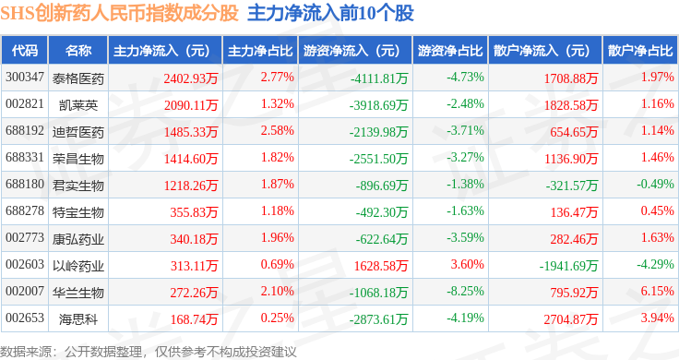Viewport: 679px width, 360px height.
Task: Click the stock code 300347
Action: (x=25, y=78)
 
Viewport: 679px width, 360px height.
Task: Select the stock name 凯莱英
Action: (x=78, y=105)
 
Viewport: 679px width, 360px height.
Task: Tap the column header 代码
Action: (x=25, y=50)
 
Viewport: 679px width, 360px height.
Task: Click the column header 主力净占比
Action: (x=260, y=50)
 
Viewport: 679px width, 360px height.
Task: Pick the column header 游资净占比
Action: (x=450, y=50)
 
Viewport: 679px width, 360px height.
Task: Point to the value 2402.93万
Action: (x=191, y=78)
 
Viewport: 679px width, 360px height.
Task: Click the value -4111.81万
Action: (x=379, y=78)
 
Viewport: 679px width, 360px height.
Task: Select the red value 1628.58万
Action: (x=381, y=266)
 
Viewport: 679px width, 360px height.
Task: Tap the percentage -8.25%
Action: (x=466, y=291)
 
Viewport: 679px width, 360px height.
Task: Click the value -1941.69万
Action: (x=568, y=266)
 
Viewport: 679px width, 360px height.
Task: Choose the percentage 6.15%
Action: (x=658, y=291)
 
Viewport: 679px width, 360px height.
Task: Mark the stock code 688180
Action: (x=25, y=184)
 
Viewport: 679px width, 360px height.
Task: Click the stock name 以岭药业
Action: (x=78, y=266)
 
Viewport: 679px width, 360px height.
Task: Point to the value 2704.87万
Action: (x=571, y=319)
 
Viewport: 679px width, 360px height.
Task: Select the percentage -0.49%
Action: (x=655, y=184)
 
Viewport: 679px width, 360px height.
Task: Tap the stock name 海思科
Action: (x=78, y=319)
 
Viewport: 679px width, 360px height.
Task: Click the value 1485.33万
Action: (x=191, y=132)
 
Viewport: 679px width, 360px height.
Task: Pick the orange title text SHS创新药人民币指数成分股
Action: (x=120, y=13)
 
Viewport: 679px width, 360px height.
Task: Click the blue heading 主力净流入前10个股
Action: (x=330, y=13)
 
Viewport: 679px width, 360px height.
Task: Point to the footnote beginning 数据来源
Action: (x=149, y=352)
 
